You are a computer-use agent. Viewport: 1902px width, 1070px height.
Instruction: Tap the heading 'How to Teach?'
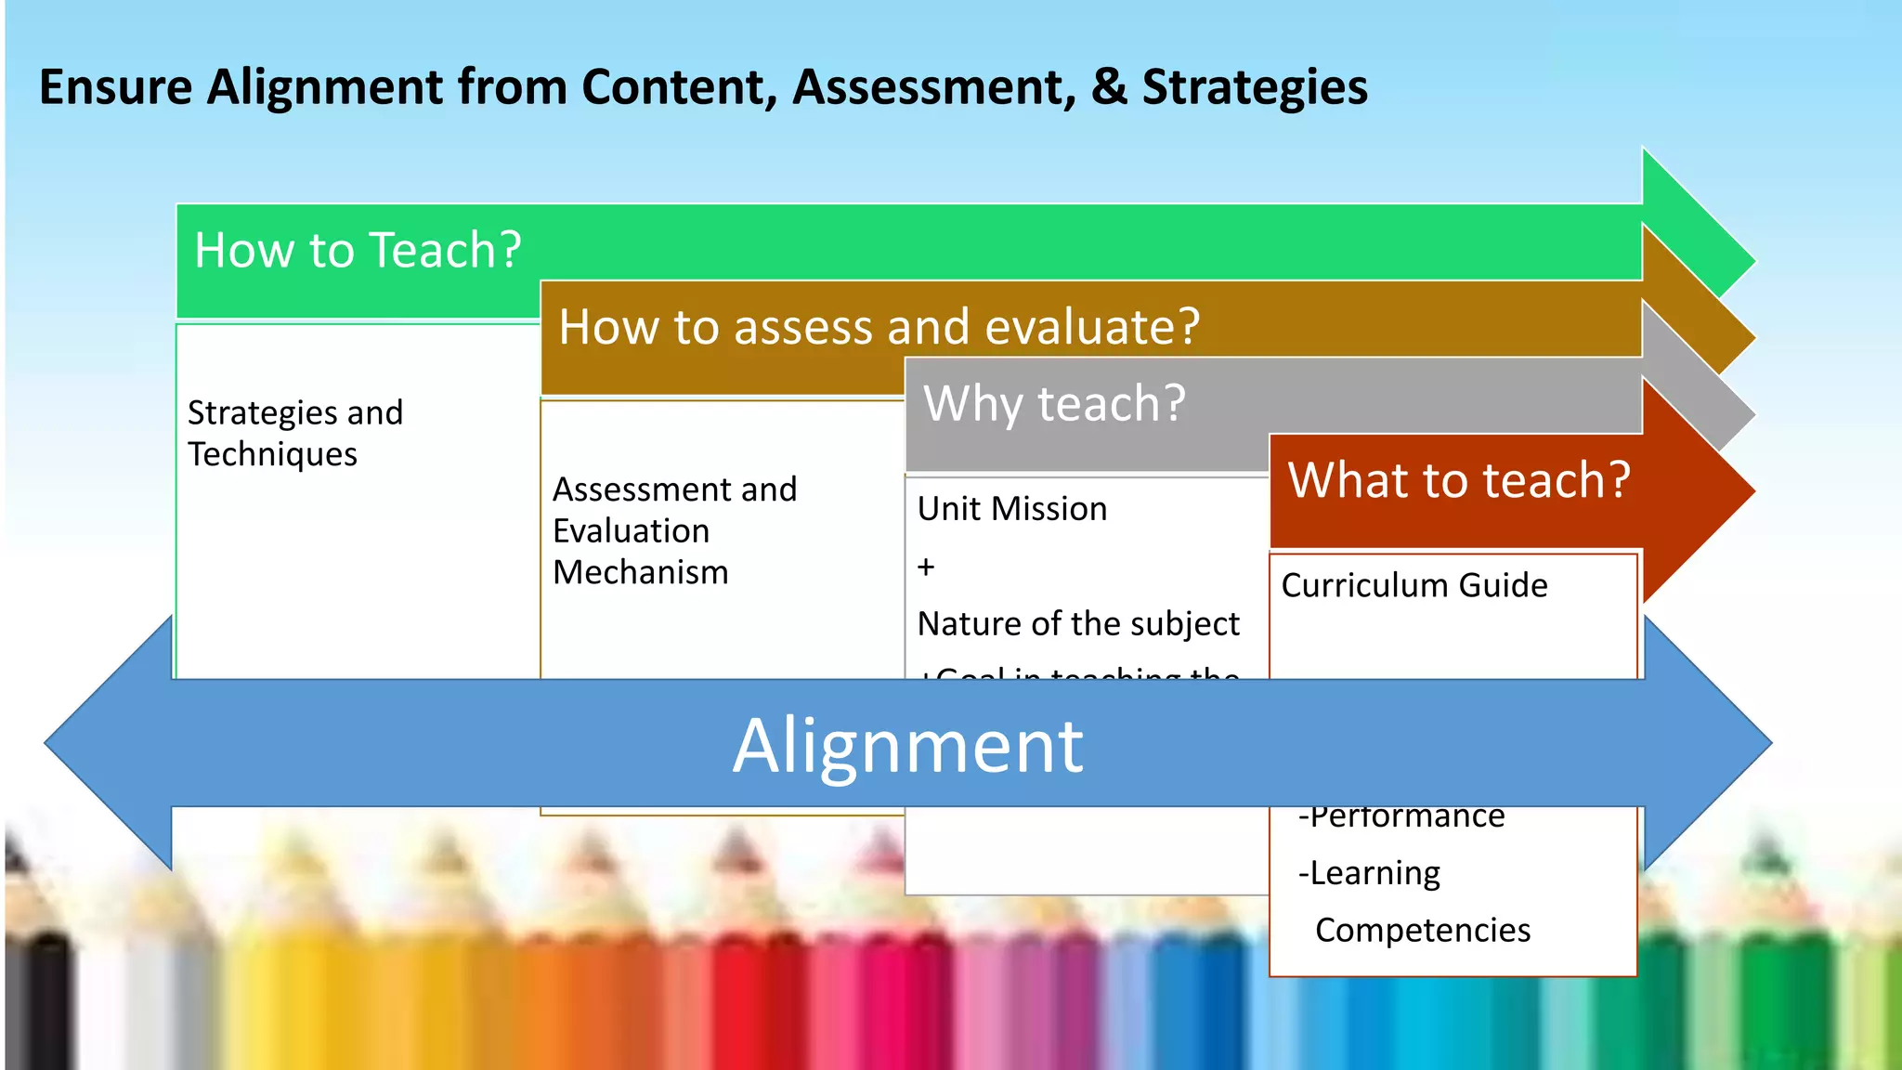358,251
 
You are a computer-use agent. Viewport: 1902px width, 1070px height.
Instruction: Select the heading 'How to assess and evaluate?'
879,328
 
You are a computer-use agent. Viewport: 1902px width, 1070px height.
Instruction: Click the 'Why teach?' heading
1054,404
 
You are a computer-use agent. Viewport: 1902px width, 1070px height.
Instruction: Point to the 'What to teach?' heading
1458,481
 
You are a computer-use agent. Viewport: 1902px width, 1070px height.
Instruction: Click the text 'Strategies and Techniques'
294,433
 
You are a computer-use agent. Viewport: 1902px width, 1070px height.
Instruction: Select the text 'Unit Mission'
1011,509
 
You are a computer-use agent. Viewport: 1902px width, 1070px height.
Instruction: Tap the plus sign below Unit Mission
926,567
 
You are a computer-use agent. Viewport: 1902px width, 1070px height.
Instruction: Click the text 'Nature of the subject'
1077,623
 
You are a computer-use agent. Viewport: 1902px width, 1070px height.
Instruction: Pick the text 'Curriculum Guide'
1413,585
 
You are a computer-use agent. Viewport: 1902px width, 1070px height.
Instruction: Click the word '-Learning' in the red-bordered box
1369,873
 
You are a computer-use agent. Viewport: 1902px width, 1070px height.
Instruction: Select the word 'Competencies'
1422,930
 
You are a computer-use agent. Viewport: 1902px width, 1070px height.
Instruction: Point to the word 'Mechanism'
640,572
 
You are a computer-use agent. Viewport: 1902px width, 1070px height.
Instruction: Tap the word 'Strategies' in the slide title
1254,87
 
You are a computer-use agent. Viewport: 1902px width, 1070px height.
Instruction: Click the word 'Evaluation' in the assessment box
631,531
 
